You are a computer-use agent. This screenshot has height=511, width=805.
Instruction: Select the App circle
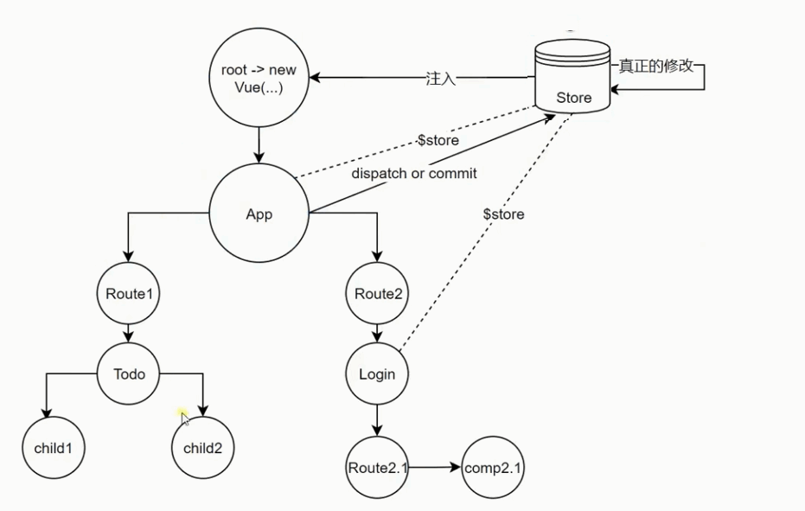[x=259, y=214]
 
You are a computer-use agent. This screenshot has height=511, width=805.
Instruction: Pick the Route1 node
[x=129, y=293]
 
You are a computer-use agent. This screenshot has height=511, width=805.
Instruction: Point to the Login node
[x=377, y=374]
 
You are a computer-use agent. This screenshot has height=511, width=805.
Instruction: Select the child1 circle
[x=54, y=448]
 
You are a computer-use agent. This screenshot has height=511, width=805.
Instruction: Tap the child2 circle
[x=203, y=448]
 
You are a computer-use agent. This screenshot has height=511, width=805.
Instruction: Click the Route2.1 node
[x=377, y=468]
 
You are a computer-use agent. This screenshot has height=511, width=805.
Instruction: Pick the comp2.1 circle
[x=495, y=468]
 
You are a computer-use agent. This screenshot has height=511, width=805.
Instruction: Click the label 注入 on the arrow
[x=440, y=79]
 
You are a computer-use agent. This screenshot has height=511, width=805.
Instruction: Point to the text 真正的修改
[x=656, y=66]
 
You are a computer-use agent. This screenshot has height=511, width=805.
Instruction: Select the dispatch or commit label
[x=414, y=173]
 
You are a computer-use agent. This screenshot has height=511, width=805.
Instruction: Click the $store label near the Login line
[x=504, y=214]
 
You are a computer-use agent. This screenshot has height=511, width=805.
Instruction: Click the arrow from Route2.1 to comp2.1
[x=435, y=468]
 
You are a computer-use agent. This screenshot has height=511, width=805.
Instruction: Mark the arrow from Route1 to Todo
[x=129, y=332]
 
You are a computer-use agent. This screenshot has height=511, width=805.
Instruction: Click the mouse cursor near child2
[x=185, y=419]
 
